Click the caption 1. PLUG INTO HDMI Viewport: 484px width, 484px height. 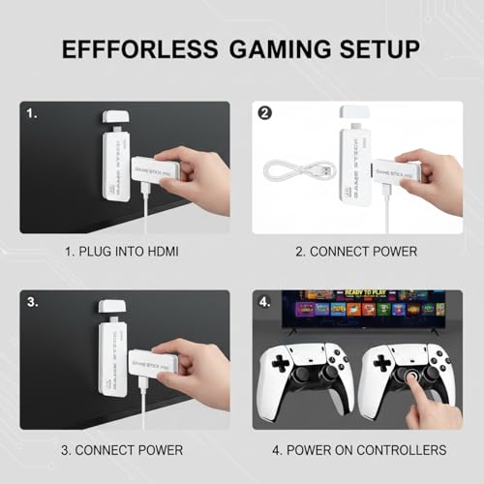pos(124,253)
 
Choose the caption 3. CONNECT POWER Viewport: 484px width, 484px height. pos(124,450)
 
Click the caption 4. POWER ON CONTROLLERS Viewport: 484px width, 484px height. pos(359,450)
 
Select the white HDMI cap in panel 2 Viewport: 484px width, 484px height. pos(349,116)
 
